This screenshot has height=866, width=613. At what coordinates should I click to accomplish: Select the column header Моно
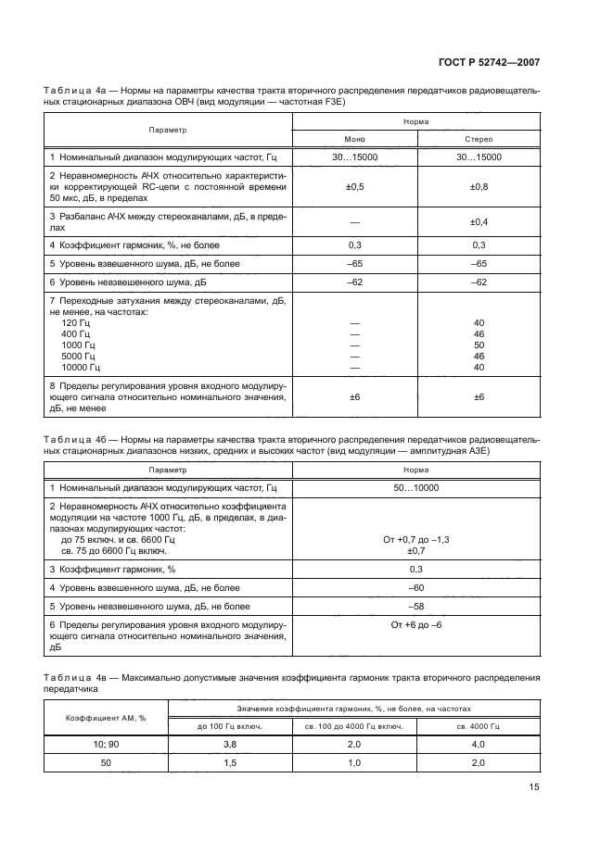(355, 139)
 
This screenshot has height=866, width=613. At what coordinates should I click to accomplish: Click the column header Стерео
(479, 139)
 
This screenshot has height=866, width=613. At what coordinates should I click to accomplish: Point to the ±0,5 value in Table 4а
(355, 186)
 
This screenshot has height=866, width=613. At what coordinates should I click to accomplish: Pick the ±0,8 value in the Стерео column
(479, 186)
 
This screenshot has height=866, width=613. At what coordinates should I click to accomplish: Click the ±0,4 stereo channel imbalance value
(479, 221)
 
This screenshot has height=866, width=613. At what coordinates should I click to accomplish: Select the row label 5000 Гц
(78, 356)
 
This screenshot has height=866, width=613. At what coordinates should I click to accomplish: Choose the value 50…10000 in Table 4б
(415, 486)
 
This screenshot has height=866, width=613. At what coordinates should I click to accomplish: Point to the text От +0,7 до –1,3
(415, 539)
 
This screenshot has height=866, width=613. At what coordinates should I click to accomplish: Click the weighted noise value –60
(415, 588)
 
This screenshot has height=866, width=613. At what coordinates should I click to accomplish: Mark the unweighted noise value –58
(415, 607)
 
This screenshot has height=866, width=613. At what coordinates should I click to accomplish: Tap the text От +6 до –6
(415, 626)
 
